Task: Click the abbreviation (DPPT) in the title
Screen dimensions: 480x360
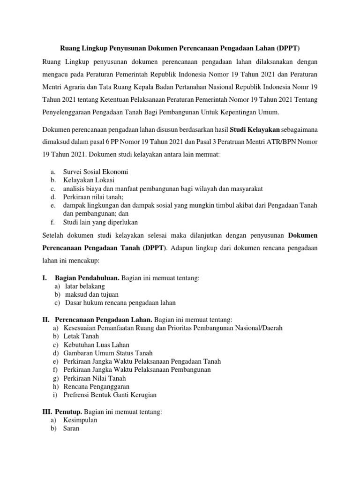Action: pos(288,48)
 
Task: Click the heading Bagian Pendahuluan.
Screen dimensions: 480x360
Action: pos(87,278)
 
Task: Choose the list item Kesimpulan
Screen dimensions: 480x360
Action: pos(80,420)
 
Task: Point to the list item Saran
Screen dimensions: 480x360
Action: pos(71,428)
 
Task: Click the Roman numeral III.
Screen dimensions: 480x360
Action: pos(47,412)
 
